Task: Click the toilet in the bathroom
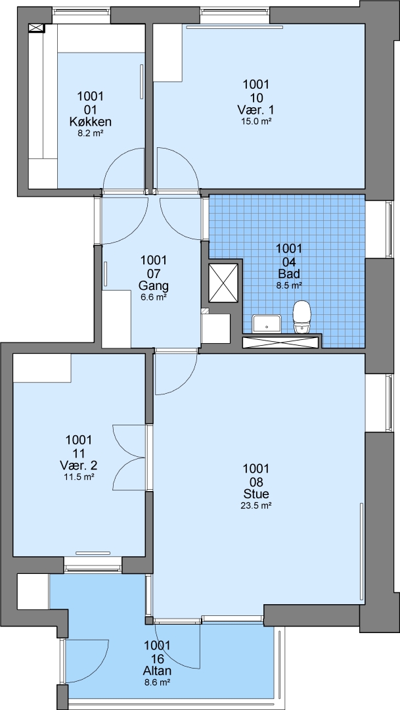[302, 318]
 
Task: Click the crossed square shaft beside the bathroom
[223, 283]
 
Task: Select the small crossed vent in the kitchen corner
[37, 28]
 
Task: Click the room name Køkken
[91, 122]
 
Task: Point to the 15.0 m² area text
[256, 121]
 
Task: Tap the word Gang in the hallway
[154, 286]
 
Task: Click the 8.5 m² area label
[289, 285]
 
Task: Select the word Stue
[256, 494]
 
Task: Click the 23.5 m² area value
[256, 506]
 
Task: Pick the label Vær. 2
[79, 465]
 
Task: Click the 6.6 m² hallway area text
[154, 297]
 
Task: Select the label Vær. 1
[256, 110]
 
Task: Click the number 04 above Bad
[289, 261]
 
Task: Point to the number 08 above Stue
[256, 481]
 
